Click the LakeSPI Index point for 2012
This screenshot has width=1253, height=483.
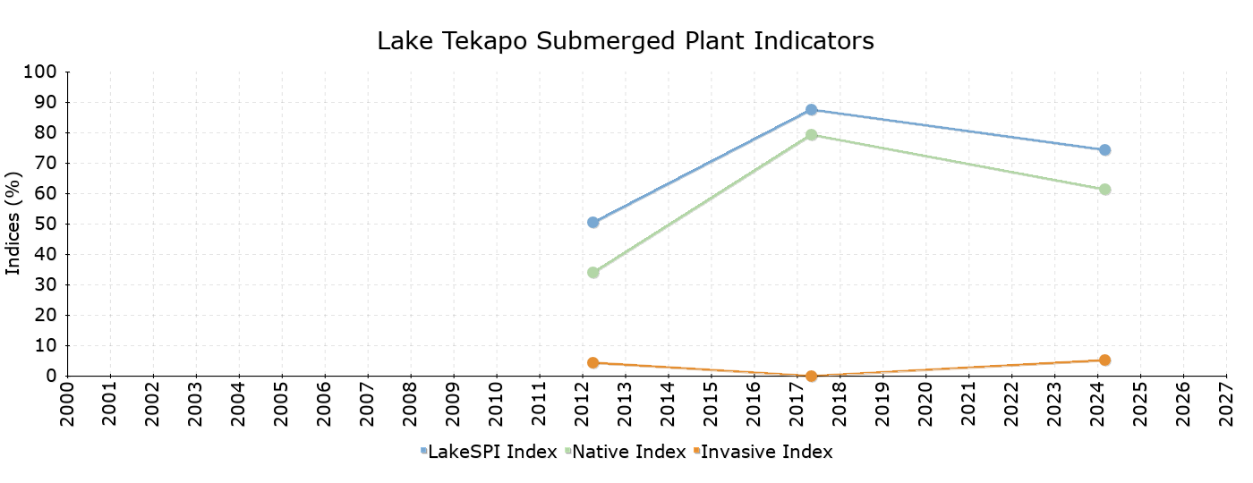[x=592, y=222]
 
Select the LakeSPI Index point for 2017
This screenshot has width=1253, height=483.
[x=811, y=109]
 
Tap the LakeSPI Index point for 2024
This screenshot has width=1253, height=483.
[x=1104, y=150]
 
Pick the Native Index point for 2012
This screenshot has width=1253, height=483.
[x=592, y=272]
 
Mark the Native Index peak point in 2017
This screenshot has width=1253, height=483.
[x=811, y=134]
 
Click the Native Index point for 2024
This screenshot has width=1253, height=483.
[x=1104, y=190]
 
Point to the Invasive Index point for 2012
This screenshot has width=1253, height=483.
[x=592, y=362]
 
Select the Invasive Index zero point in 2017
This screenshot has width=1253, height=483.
[x=811, y=376]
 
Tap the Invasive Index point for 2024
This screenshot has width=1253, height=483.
[x=1104, y=360]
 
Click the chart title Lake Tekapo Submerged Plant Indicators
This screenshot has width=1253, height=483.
[x=626, y=41]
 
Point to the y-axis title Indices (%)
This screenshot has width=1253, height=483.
[x=13, y=224]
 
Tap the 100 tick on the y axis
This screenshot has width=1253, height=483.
[x=41, y=72]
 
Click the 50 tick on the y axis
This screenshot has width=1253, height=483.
[x=47, y=224]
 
